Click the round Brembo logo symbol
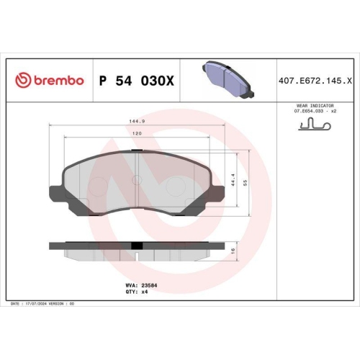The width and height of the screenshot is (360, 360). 23,80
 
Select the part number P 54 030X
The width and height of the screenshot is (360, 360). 136,81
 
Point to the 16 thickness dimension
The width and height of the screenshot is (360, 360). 234,250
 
